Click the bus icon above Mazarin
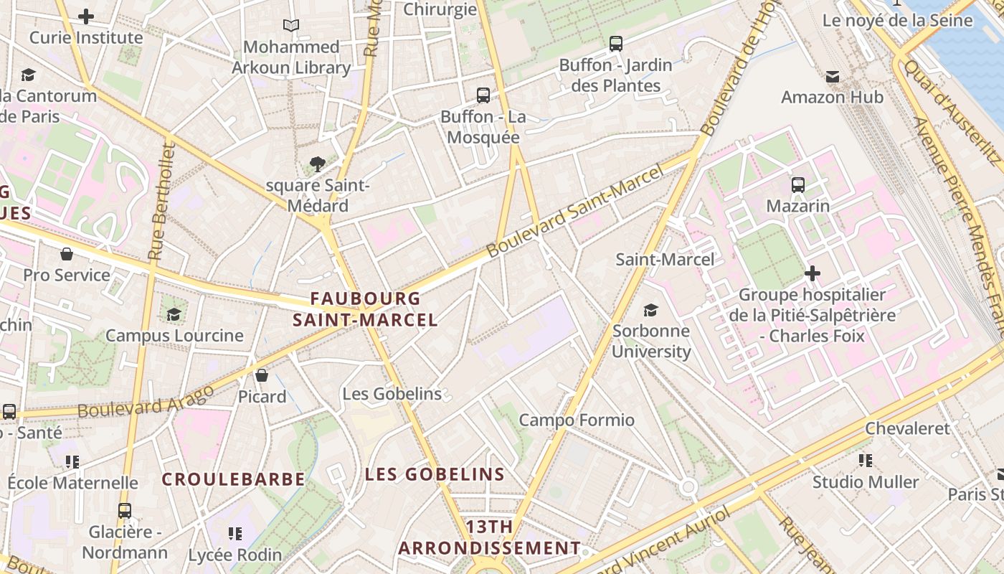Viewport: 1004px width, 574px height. tap(798, 185)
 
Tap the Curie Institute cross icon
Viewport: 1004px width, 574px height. tap(86, 17)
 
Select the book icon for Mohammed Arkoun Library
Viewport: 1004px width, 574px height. tap(290, 26)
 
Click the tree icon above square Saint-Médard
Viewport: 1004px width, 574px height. tap(318, 164)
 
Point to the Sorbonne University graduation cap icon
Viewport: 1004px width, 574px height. tap(650, 310)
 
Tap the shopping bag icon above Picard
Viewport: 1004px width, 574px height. tap(262, 375)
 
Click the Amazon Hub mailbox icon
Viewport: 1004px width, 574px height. tap(832, 76)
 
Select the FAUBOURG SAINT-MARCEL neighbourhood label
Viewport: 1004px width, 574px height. tap(365, 309)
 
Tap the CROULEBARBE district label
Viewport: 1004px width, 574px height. tap(233, 479)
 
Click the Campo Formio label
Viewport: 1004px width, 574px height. tap(577, 420)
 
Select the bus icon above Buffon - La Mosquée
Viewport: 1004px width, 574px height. tap(483, 95)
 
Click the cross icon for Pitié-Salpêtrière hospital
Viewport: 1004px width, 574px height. tap(812, 273)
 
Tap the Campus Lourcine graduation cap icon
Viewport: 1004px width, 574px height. tap(174, 314)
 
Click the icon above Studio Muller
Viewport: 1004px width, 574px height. tap(865, 461)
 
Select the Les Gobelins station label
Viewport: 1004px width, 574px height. tap(392, 394)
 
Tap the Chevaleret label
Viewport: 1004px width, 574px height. tap(906, 428)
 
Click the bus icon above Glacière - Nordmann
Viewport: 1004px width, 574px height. tap(125, 511)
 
